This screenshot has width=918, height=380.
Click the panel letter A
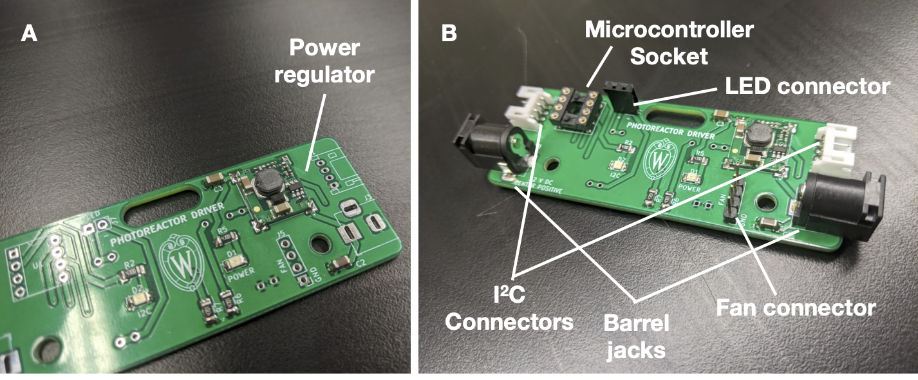(x=29, y=33)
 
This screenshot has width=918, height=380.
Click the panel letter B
(x=449, y=33)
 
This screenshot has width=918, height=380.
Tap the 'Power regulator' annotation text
(x=324, y=61)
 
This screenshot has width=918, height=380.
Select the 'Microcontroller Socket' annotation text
(x=668, y=43)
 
